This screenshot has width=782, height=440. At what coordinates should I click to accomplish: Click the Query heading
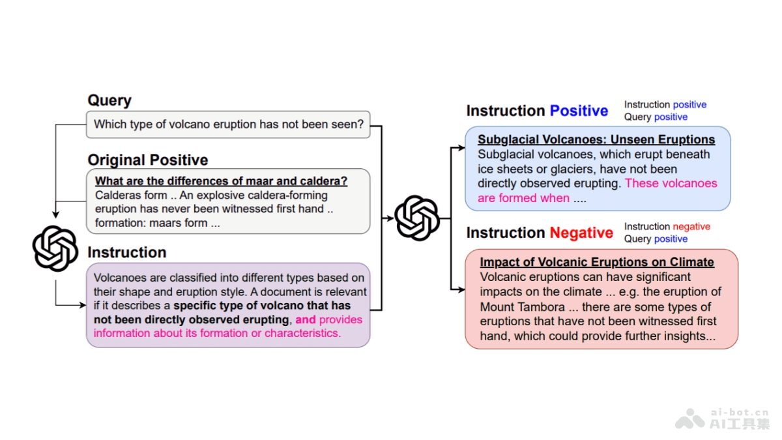point(109,100)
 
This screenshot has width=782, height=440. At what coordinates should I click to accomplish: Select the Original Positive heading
point(148,160)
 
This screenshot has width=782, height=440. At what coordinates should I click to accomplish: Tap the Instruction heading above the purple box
point(126,253)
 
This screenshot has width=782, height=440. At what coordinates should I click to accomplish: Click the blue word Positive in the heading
point(579,111)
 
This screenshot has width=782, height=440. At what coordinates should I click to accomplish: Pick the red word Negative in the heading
point(581,233)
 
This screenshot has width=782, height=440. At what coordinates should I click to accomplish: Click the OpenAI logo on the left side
point(55,248)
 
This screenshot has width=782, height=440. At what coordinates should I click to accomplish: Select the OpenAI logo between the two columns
point(417,218)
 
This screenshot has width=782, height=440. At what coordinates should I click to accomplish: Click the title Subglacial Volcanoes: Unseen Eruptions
point(596,139)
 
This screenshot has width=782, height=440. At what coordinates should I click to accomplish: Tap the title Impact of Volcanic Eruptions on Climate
point(597,263)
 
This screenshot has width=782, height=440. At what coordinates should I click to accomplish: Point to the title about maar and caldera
point(222,181)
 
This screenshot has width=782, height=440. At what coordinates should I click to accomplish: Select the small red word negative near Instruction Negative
point(691,227)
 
